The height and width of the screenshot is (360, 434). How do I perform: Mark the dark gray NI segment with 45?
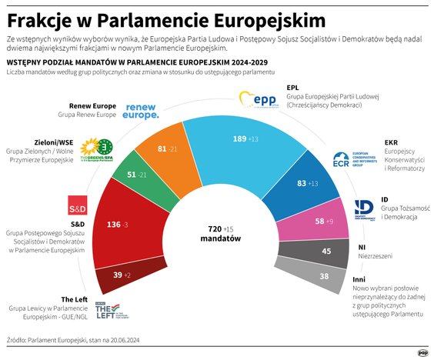point(326,252)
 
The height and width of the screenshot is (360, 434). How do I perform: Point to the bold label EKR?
point(391,142)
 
